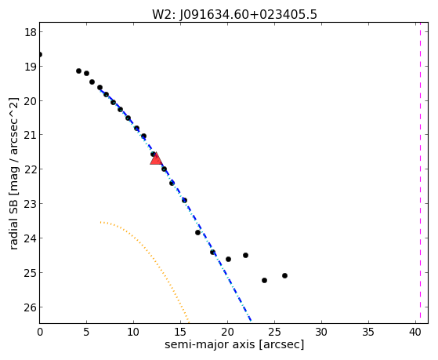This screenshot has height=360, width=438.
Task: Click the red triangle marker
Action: click(x=156, y=158)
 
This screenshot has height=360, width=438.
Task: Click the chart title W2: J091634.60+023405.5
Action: click(x=234, y=14)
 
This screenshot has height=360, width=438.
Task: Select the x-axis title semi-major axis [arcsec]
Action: click(x=234, y=344)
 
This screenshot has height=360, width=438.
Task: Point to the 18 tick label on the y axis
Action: click(x=31, y=32)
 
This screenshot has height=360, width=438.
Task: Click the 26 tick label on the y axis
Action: click(x=31, y=307)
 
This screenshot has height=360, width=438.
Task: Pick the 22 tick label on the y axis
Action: click(x=31, y=169)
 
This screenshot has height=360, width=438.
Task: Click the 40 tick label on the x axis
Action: click(x=415, y=332)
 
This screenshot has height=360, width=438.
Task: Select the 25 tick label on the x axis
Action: click(x=274, y=332)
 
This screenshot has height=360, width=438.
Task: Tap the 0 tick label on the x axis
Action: click(x=40, y=332)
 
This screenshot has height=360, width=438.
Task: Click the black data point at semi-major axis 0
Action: click(x=40, y=54)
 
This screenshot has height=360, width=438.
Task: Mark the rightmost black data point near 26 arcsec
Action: click(x=284, y=275)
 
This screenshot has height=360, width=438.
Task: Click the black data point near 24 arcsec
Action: click(x=264, y=280)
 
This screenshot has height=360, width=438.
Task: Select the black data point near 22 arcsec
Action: click(x=245, y=255)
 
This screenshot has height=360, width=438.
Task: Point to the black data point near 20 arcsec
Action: click(x=228, y=259)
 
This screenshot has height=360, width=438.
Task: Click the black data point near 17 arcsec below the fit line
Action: click(x=197, y=232)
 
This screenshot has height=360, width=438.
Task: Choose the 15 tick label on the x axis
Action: click(x=180, y=332)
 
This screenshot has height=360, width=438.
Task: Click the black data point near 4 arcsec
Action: click(x=79, y=71)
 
